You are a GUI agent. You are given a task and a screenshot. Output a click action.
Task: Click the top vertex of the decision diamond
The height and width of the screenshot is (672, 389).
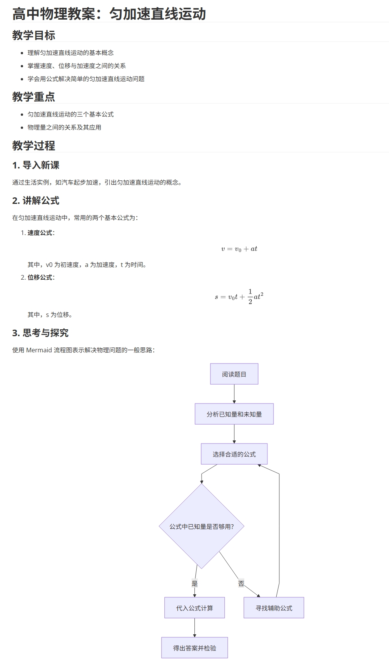(x=202, y=484)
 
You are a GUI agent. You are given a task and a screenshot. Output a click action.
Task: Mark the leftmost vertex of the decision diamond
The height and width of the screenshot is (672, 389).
(x=159, y=526)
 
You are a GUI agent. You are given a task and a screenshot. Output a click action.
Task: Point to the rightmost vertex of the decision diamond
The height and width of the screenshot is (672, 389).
(x=244, y=526)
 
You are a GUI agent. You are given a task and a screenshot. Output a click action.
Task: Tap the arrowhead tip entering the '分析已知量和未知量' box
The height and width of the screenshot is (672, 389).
(x=234, y=404)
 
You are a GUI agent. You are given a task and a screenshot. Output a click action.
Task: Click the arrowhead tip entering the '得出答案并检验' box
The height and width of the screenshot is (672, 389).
(x=195, y=637)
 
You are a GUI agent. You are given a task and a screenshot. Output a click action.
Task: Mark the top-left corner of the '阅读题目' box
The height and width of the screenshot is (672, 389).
(x=210, y=364)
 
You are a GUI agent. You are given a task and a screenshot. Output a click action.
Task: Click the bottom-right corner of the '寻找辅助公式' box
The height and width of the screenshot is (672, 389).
(x=304, y=618)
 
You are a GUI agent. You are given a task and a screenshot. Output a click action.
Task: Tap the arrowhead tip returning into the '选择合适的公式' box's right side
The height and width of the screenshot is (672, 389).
(x=258, y=465)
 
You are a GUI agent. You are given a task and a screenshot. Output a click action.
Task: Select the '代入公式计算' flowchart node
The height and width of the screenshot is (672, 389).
(x=195, y=608)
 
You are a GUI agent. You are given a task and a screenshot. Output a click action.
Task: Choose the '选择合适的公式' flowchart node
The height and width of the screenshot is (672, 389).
(x=234, y=454)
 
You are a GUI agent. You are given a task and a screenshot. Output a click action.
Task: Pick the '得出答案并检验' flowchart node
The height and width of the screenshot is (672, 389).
(x=195, y=648)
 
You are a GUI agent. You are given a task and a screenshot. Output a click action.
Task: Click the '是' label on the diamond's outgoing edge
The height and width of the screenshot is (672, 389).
(x=195, y=584)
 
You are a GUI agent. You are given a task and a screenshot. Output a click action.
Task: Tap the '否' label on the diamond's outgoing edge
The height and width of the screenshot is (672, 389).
(x=241, y=584)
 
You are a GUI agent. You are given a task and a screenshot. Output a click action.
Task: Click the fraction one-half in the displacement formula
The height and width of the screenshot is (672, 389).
(x=250, y=297)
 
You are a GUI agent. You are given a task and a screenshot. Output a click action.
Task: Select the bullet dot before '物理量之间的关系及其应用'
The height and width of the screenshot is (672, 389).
(x=22, y=127)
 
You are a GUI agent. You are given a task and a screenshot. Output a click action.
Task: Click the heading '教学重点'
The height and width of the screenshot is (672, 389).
(x=33, y=97)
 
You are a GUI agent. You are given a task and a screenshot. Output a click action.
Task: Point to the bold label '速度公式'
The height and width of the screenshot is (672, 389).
(x=40, y=233)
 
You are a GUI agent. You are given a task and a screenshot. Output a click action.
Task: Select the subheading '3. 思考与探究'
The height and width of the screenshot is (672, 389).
(x=40, y=333)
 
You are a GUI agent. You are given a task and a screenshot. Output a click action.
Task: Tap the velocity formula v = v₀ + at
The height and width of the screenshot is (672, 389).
(x=239, y=249)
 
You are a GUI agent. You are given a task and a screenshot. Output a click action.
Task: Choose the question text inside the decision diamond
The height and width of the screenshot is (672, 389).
(x=202, y=527)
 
